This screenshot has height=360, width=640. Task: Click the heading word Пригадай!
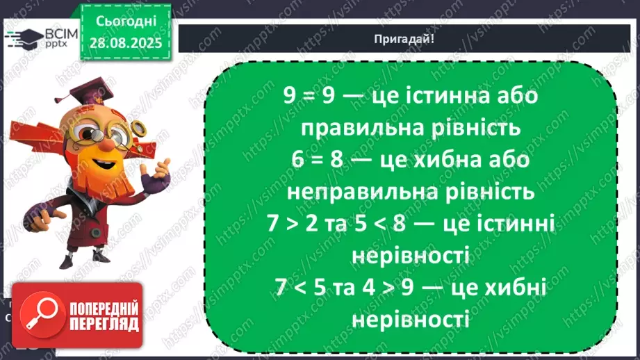(x=409, y=39)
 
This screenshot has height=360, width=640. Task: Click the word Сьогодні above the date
(x=129, y=20)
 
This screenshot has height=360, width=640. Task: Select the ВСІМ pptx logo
(x=41, y=39)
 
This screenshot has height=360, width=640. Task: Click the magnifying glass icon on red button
(x=35, y=313)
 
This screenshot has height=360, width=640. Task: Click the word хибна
(x=445, y=160)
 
